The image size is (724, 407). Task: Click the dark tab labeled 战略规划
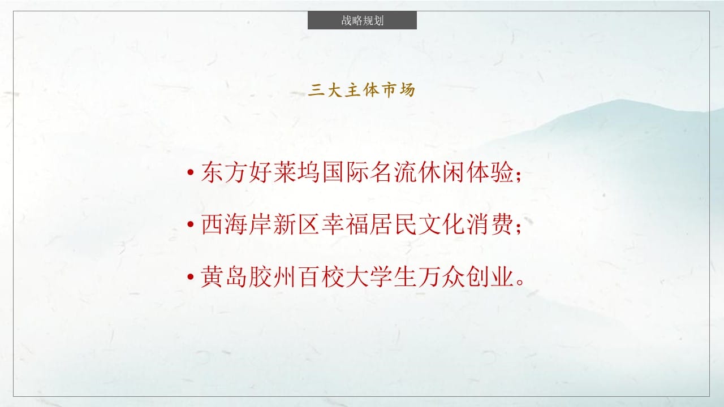click(362, 20)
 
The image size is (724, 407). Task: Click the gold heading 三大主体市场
click(361, 90)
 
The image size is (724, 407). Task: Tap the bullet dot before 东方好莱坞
click(191, 172)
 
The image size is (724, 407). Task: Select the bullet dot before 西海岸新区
click(191, 224)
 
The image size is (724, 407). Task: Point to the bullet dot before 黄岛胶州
click(191, 276)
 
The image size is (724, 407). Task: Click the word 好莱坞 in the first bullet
click(285, 172)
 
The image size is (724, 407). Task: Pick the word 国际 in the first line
click(345, 172)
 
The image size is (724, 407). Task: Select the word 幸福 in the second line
click(345, 224)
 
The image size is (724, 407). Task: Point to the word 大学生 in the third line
click(381, 277)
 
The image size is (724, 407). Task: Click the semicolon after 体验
click(519, 176)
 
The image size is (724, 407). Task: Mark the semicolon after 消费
click(519, 228)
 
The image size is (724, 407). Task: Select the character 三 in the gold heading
click(316, 90)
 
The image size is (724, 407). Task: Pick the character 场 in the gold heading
click(407, 90)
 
